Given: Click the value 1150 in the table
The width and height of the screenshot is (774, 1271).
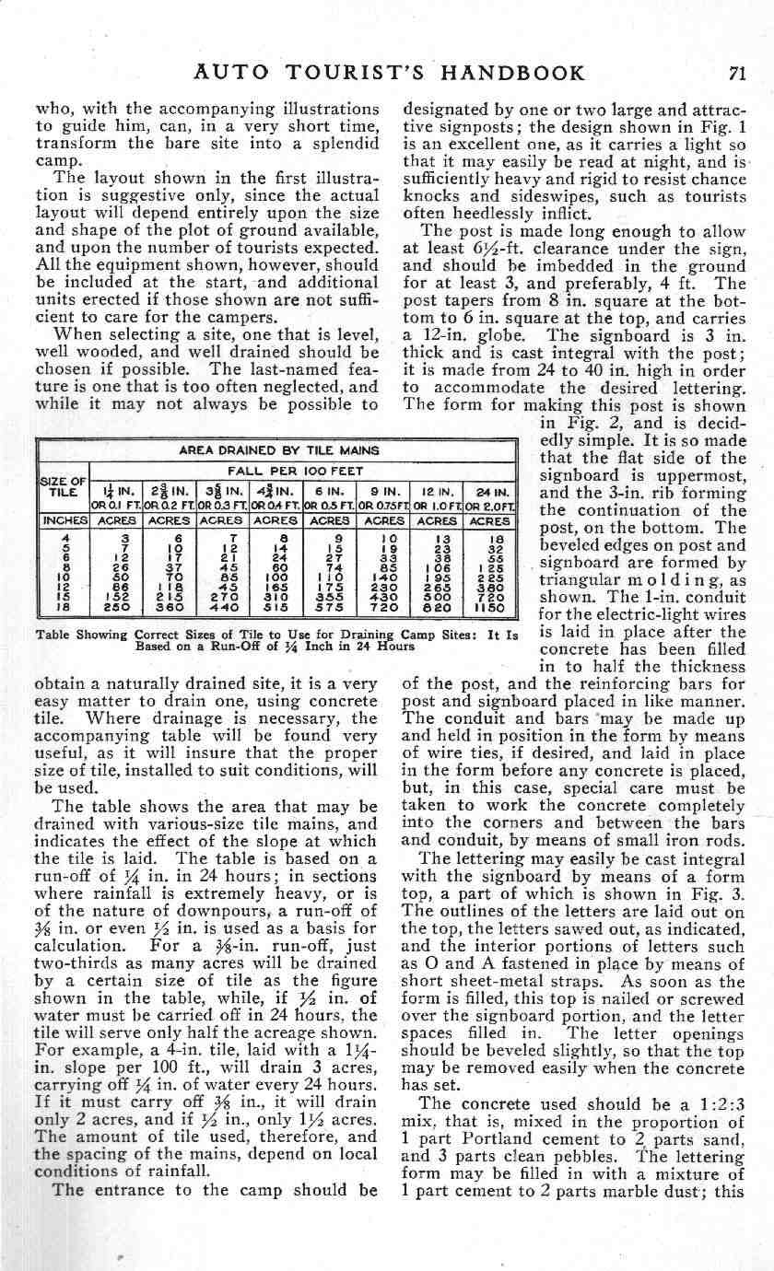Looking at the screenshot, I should [x=490, y=610].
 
